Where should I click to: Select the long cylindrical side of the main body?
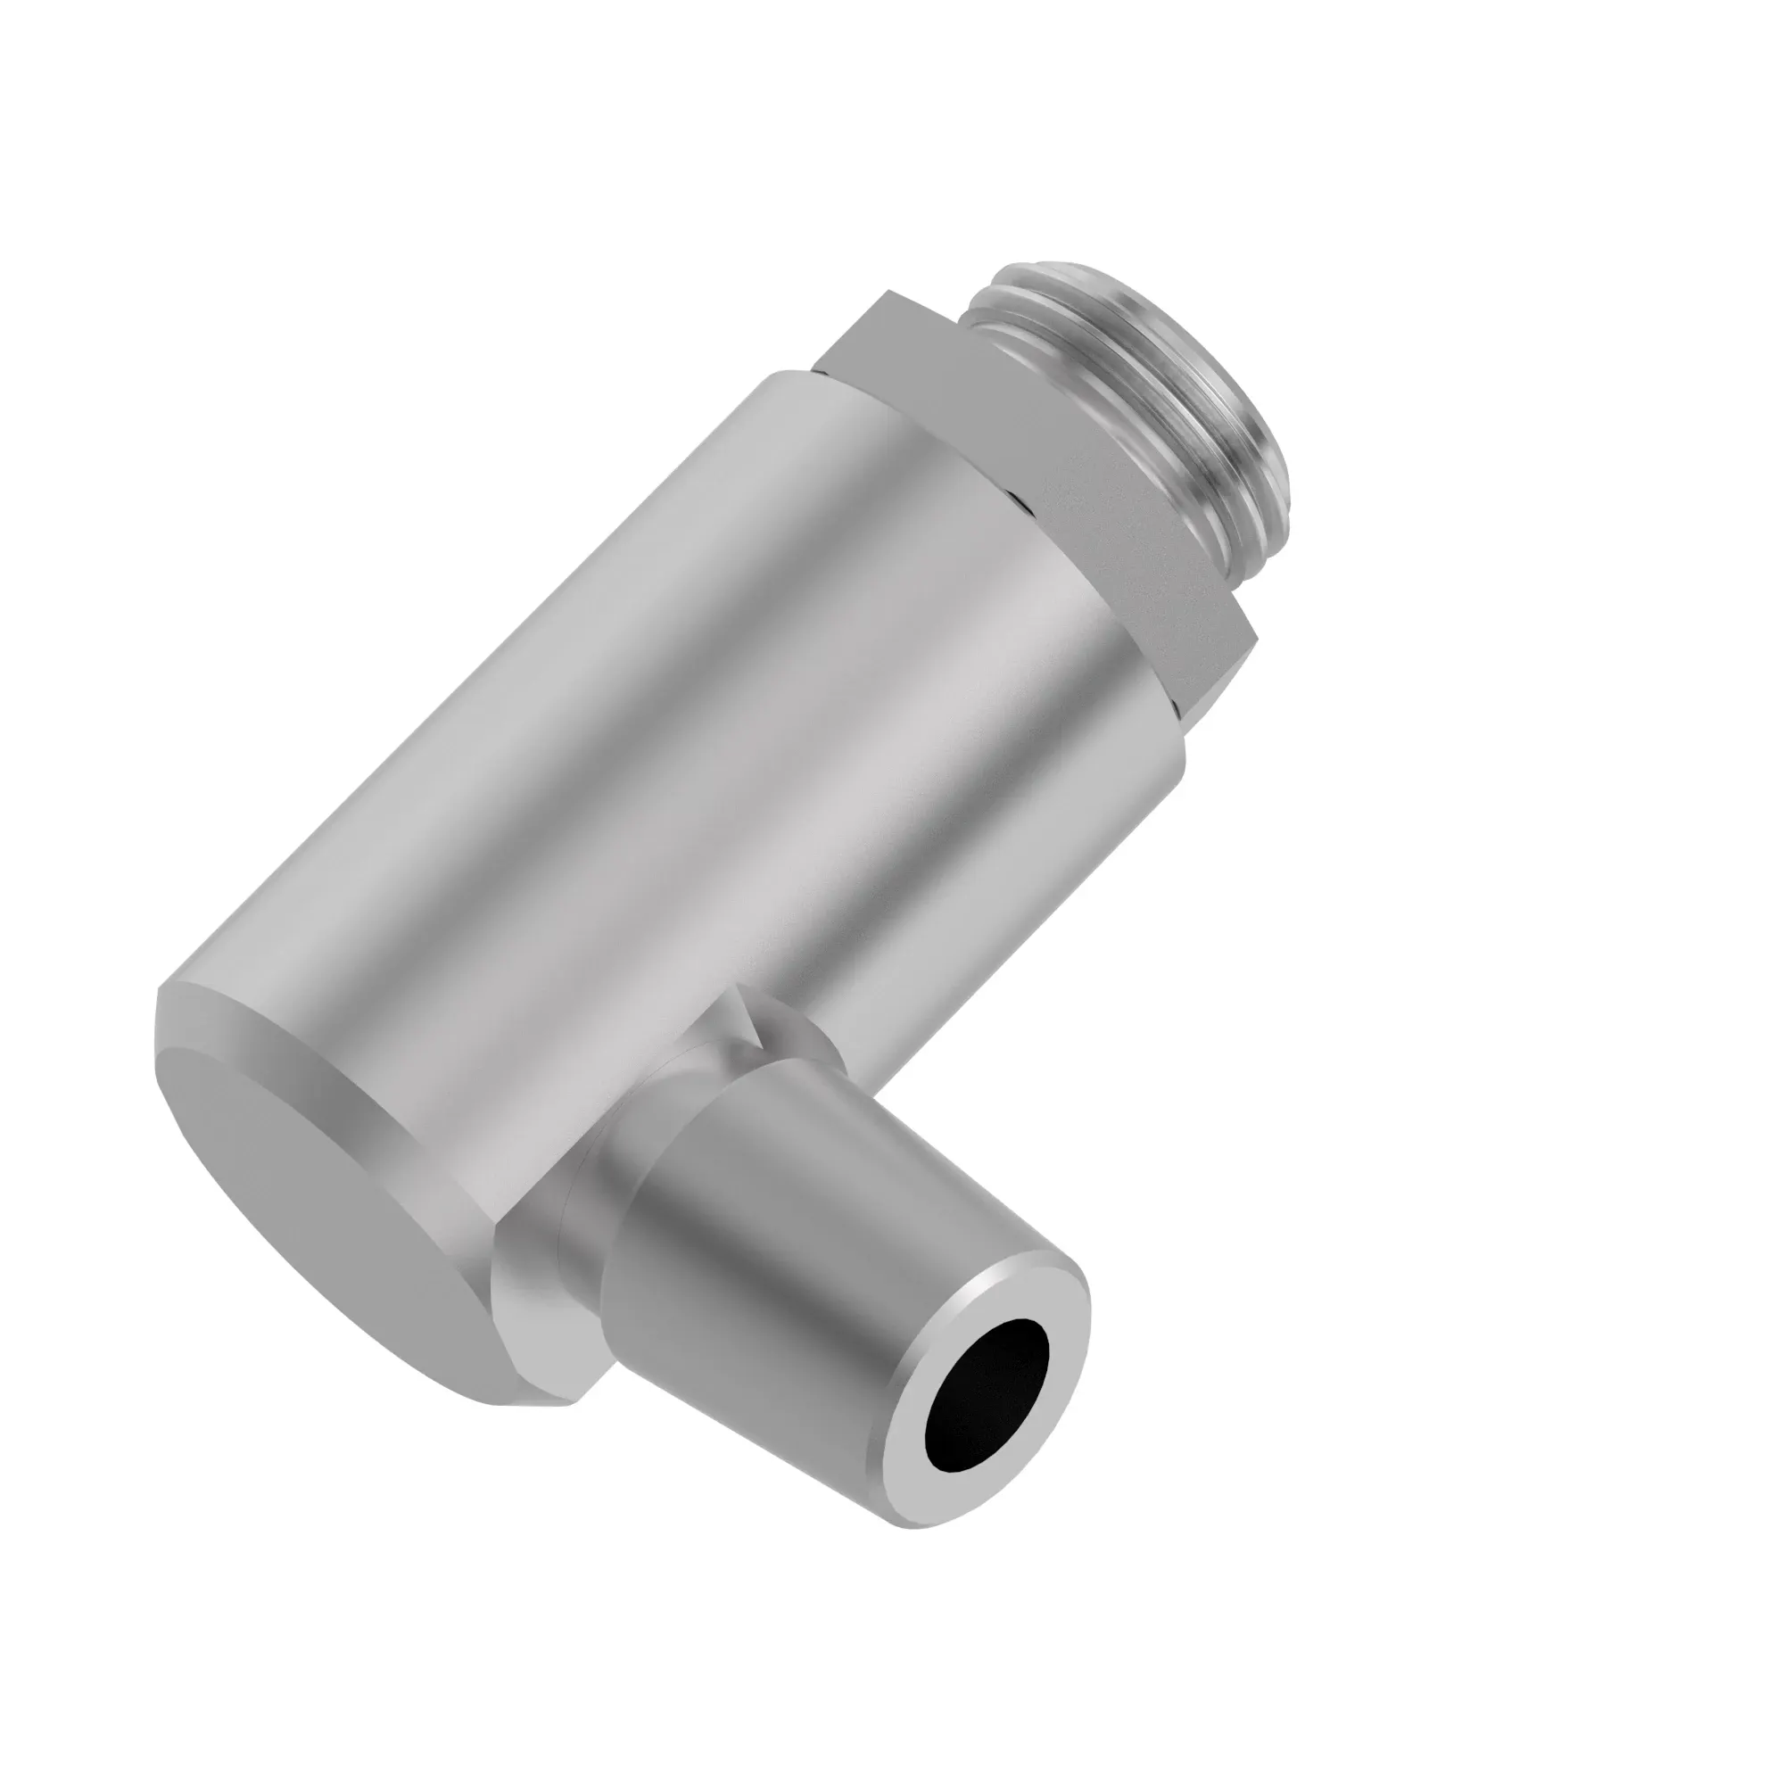click(x=647, y=739)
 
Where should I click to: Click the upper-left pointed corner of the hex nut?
click(x=891, y=293)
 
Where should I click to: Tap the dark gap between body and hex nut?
click(x=1016, y=499)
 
